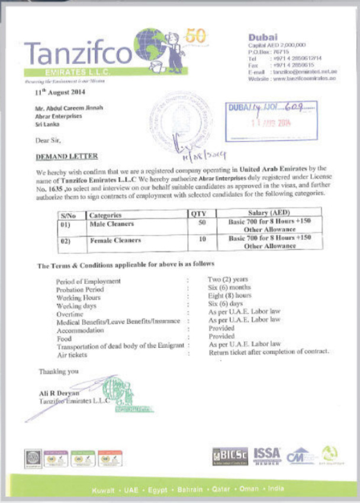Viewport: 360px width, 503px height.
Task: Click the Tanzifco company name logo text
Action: click(77, 54)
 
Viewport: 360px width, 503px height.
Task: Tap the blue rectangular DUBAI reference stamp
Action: click(271, 114)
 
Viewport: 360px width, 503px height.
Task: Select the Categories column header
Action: click(105, 215)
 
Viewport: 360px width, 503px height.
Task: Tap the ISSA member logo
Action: click(268, 455)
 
